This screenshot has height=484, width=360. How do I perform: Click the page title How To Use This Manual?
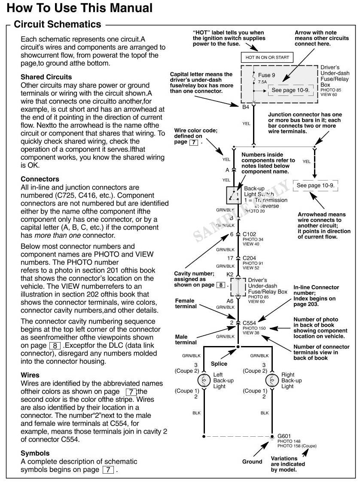click(x=80, y=8)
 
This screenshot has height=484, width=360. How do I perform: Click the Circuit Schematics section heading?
click(x=58, y=24)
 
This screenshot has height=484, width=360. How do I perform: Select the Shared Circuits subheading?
click(x=46, y=77)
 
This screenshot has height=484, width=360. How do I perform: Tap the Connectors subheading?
click(x=40, y=179)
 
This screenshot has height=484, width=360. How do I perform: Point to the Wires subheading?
click(x=30, y=375)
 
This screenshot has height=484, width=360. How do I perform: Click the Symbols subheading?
click(x=35, y=453)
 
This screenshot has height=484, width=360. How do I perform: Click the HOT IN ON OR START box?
click(x=267, y=57)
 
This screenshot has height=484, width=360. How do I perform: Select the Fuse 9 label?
click(x=267, y=75)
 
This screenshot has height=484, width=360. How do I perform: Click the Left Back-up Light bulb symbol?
click(x=203, y=380)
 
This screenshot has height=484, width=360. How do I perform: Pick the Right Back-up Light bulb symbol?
click(x=272, y=380)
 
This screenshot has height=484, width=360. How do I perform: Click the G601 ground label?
click(x=284, y=435)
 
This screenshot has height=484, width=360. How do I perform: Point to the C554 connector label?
click(x=250, y=322)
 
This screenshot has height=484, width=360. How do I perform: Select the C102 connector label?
click(x=250, y=234)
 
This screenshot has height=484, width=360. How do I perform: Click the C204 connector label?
click(x=250, y=258)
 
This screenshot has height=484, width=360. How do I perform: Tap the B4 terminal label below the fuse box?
click(x=245, y=107)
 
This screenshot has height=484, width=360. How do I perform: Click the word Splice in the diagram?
click(x=219, y=364)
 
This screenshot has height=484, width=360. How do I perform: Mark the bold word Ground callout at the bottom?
click(x=252, y=462)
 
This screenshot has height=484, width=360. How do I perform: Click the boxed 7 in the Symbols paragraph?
click(x=108, y=469)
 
